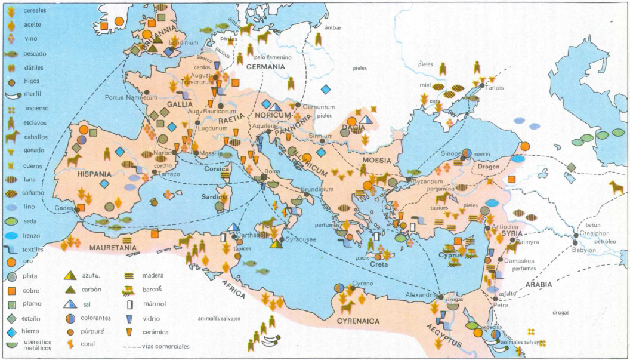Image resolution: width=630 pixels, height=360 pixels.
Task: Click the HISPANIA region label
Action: tap(94, 174)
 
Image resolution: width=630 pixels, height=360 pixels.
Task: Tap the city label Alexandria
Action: tap(422, 295)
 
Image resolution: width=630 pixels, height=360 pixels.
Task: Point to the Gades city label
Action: tap(64, 208)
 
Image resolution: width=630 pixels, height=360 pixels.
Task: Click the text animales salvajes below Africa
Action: tap(219, 318)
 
